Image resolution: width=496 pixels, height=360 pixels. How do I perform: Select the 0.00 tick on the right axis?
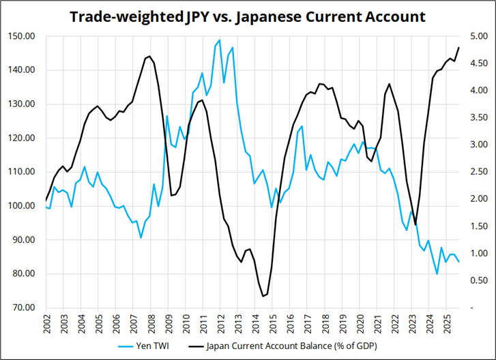[x=478, y=307]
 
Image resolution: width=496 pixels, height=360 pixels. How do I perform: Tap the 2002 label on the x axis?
[x=47, y=324]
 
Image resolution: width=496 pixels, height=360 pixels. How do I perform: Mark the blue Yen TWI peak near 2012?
[x=218, y=40]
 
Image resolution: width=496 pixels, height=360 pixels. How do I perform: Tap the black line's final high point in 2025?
[x=458, y=47]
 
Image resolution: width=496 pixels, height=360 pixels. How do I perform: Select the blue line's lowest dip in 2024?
[x=437, y=274]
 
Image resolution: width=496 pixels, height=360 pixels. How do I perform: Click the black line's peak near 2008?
[x=149, y=56]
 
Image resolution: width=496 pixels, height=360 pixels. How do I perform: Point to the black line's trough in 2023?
[x=415, y=224]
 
